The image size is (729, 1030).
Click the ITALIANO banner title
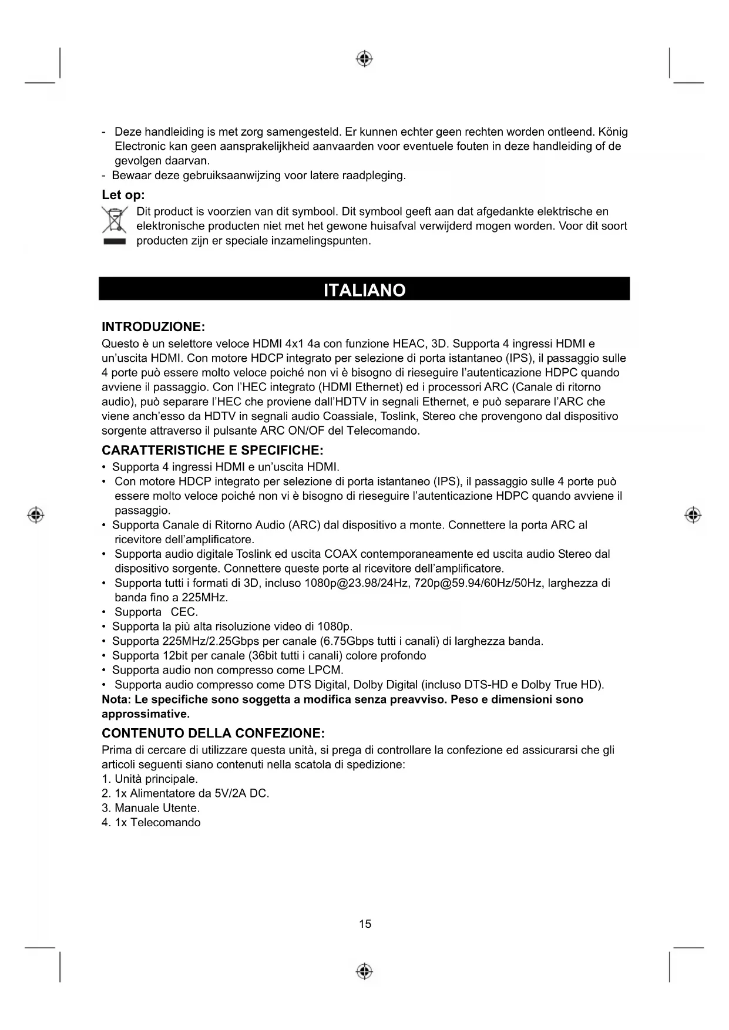364,291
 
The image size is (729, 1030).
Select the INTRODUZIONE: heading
153,326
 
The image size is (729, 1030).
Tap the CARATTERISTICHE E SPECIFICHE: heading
212,450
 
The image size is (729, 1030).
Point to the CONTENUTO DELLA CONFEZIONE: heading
213,733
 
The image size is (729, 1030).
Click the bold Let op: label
123,195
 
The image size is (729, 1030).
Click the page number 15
365,924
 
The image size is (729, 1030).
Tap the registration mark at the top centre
364,59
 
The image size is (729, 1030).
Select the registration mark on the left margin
36,515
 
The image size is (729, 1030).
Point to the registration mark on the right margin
693,515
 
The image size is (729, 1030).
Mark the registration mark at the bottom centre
364,971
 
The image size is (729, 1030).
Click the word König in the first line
612,132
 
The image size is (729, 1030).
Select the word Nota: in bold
116,699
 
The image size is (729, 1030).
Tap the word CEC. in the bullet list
184,612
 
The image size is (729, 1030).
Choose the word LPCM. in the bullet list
325,670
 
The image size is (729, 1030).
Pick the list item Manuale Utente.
157,808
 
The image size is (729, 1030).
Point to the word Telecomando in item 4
165,822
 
